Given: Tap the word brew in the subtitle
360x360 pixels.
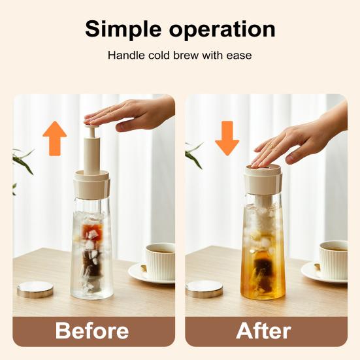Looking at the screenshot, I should tap(184, 56).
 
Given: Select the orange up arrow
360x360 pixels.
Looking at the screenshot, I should tap(55, 137).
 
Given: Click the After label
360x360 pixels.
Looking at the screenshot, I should tap(264, 331).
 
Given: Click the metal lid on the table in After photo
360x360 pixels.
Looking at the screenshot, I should tap(205, 289).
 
